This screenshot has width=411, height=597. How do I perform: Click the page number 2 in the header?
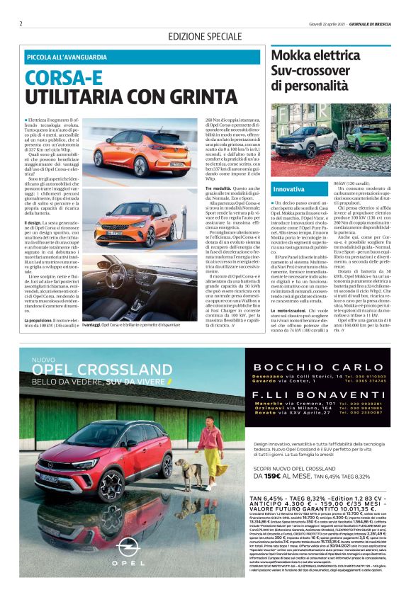[x=21, y=23]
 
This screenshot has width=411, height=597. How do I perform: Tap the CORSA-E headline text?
[x=65, y=76]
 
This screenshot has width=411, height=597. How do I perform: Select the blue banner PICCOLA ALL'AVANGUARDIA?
[x=67, y=57]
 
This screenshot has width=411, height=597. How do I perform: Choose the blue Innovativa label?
[x=288, y=189]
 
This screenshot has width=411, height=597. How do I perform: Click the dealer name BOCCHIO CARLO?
[x=320, y=368]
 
